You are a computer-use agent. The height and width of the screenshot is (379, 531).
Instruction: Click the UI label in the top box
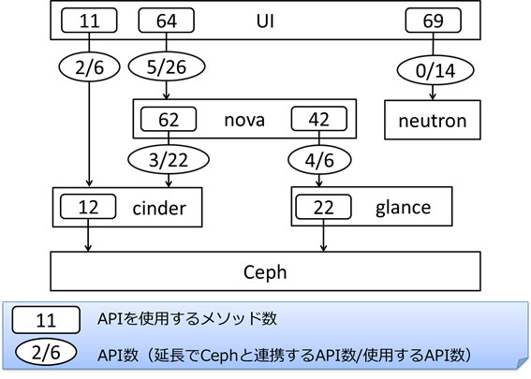pos(265,21)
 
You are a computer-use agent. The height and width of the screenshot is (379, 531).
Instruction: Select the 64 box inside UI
pos(167,21)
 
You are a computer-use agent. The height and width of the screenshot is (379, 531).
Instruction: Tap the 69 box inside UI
pos(433,21)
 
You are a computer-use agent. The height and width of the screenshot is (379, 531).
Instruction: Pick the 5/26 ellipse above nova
pos(167,66)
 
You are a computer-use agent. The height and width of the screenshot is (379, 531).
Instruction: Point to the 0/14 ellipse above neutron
pos(435,70)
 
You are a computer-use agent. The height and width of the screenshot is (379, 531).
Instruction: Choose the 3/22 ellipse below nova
pos(169,159)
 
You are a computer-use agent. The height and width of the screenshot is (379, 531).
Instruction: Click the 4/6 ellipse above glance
pos(319,160)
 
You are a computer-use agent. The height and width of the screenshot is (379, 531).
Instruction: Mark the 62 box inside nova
pos(169,119)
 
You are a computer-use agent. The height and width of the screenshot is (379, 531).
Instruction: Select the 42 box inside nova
pos(319,119)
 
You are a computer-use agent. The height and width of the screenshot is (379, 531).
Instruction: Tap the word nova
pos(244,120)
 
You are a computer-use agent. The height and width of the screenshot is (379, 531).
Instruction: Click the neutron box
pos(433,120)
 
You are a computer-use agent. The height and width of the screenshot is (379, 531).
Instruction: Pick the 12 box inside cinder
pos(88,207)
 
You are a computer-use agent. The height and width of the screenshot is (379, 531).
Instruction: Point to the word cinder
pos(159,208)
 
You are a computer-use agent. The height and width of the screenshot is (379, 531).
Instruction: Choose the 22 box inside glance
pos(323,207)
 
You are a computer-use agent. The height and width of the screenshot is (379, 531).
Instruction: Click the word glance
pos(403,207)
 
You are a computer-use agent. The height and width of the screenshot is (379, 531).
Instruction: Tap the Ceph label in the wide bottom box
pos(265,272)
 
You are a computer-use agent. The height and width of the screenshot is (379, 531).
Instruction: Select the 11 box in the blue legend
pos(46,320)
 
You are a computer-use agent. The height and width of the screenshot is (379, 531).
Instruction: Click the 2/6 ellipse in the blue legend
pos(46,353)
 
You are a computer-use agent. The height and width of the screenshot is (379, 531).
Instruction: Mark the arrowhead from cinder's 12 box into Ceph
pos(88,248)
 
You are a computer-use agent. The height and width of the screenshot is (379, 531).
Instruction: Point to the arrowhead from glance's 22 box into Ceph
pos(323,248)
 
